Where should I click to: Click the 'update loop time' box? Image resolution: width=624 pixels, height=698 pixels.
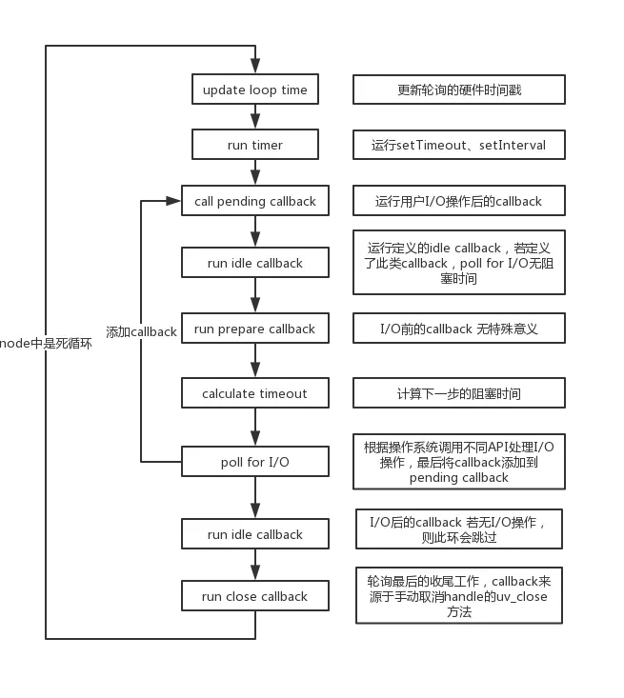[254, 90]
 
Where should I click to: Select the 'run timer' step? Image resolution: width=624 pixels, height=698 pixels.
[254, 146]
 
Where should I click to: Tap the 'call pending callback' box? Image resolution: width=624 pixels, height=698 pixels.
[254, 201]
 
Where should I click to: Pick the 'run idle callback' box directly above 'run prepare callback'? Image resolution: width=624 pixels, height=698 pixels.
[254, 263]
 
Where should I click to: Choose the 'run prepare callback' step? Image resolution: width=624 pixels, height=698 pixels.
[254, 329]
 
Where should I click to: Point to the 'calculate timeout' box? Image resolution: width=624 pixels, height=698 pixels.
[254, 393]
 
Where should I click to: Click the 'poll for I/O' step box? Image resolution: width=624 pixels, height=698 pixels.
[254, 462]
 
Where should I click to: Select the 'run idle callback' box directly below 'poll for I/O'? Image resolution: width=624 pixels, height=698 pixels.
[254, 534]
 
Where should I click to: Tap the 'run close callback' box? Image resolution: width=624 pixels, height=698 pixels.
[254, 596]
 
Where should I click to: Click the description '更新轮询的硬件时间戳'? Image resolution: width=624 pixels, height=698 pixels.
[458, 90]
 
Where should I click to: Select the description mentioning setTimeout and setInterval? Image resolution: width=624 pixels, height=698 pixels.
[458, 146]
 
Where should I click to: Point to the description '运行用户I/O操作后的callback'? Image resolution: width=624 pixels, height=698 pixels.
[458, 201]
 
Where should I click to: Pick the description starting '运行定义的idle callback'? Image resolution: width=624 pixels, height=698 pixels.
[458, 263]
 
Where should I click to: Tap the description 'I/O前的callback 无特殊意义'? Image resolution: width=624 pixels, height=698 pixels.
[458, 329]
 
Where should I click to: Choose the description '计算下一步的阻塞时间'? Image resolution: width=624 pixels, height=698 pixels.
[458, 393]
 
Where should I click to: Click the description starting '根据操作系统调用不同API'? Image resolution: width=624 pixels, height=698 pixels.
[458, 462]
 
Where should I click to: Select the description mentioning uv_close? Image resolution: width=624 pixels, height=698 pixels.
[458, 596]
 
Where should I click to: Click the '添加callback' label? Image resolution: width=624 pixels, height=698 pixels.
[141, 332]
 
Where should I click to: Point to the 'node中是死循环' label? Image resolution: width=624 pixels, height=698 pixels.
[48, 343]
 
